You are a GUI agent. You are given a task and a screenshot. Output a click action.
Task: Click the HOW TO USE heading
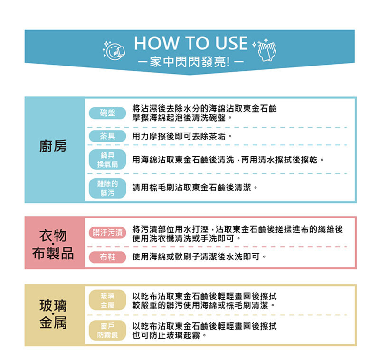tap(191, 43)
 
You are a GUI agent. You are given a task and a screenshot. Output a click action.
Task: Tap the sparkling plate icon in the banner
tap(114, 50)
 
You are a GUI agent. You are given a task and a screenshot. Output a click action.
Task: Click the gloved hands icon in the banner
tap(265, 49)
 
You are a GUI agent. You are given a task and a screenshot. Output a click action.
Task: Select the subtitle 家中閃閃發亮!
tap(191, 62)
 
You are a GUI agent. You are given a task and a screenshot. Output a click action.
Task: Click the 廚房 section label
tap(53, 146)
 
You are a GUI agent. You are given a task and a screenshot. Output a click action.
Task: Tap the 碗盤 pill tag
tap(107, 113)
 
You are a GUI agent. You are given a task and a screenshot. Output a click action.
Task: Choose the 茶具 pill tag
tap(107, 136)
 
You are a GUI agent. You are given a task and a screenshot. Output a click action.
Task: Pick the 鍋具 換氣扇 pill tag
tap(107, 160)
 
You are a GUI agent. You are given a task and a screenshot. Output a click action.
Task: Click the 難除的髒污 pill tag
tap(107, 188)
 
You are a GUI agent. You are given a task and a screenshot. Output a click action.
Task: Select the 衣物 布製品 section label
tap(53, 244)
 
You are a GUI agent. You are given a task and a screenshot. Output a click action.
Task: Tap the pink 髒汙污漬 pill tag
tap(107, 233)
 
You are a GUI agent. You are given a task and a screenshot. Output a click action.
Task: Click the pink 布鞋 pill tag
tap(107, 257)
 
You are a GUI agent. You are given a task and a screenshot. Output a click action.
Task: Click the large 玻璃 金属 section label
tap(53, 314)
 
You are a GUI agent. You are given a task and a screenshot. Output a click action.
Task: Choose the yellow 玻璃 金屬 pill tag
tap(107, 300)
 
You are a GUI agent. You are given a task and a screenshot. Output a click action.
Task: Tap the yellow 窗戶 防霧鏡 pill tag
tap(107, 331)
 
